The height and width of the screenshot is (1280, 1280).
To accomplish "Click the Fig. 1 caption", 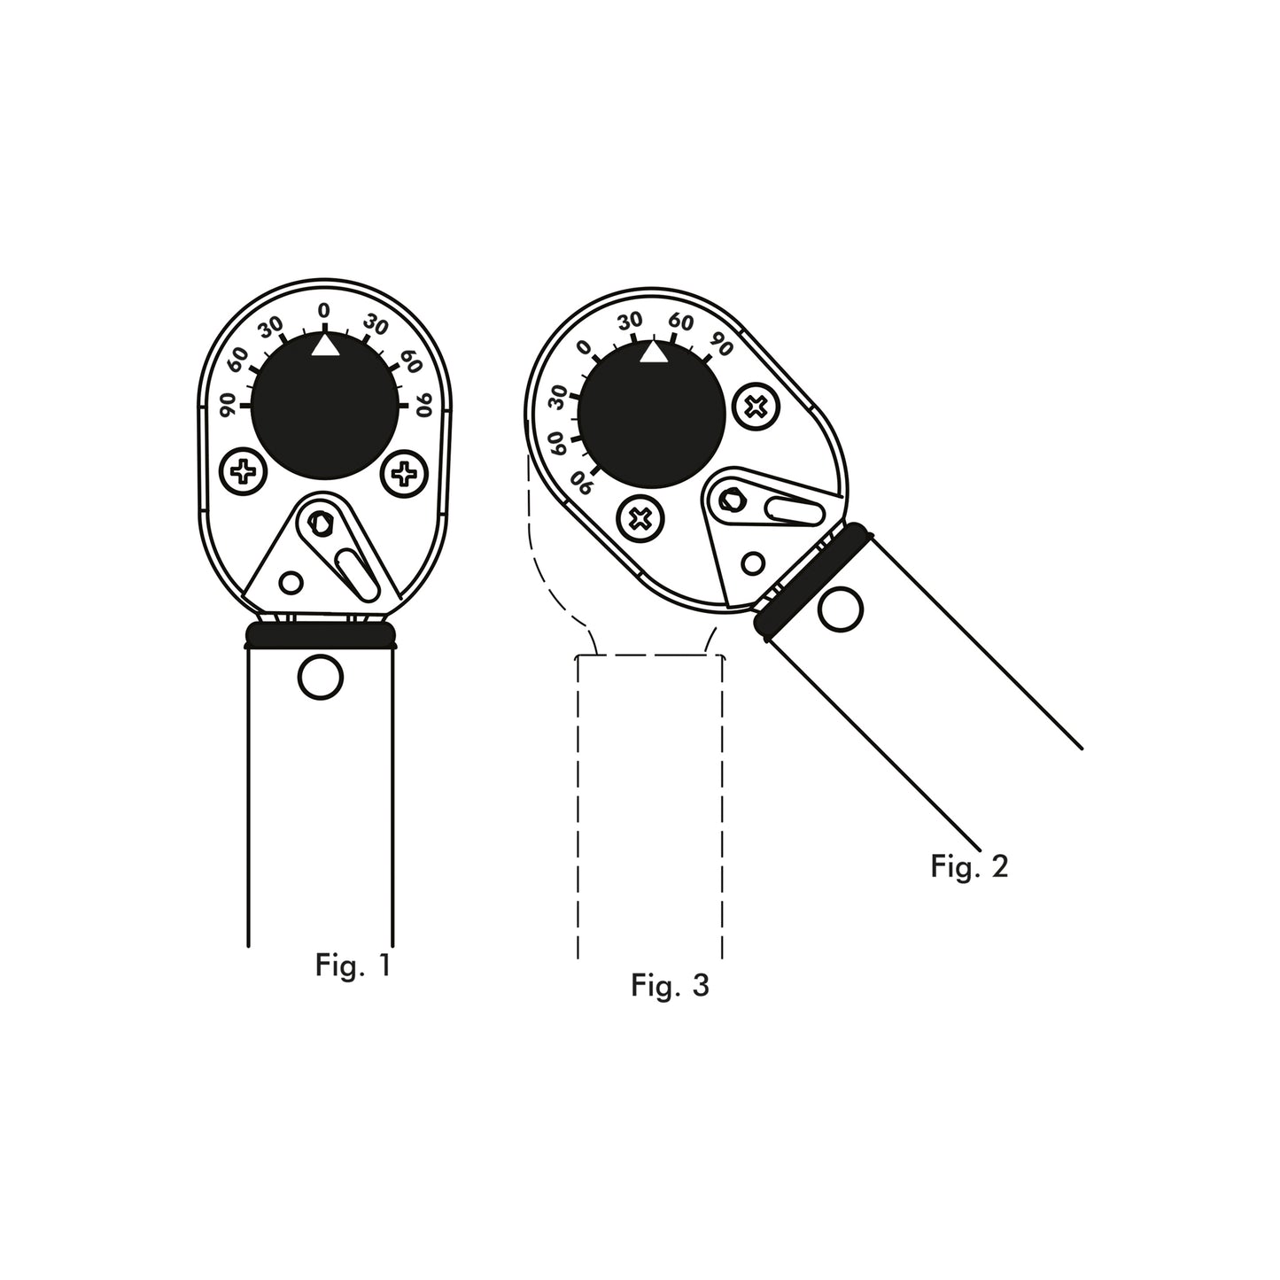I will coord(352,965).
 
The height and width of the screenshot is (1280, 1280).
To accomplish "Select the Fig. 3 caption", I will coord(670,984).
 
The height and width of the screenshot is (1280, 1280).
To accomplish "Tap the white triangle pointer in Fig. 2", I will coord(653,353).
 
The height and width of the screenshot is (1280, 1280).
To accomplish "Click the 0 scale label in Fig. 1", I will coord(324,311).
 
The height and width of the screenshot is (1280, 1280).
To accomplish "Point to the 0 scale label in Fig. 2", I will coord(583,348).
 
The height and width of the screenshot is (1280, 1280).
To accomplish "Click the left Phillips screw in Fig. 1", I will coord(242,473).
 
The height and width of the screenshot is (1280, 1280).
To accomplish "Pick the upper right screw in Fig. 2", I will coord(756,407).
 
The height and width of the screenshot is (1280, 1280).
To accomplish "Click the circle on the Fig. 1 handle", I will coord(320,678).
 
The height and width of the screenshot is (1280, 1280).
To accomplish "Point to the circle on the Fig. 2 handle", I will coord(840,609).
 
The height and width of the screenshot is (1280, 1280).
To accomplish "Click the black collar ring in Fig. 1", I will coord(320,635).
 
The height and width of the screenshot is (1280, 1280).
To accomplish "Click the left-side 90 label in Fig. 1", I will coord(227,406).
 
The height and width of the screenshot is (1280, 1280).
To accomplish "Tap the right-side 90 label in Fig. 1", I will coord(423,406).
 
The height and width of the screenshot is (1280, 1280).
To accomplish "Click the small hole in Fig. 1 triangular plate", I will coord(291,582).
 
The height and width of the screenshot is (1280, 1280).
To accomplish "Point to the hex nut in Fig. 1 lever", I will coord(319,524).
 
